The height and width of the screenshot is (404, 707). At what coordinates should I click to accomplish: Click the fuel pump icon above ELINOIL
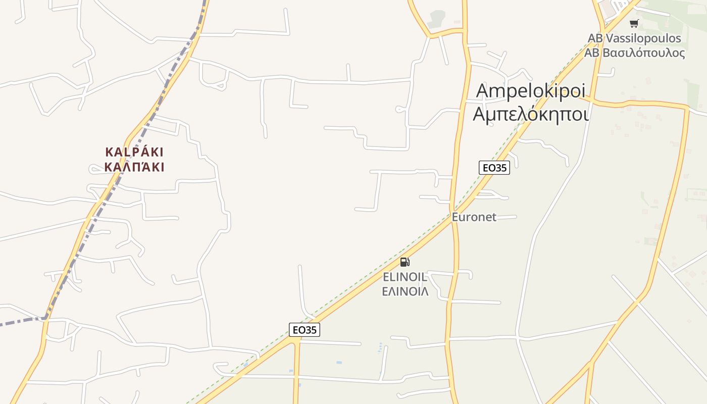(x=405, y=262)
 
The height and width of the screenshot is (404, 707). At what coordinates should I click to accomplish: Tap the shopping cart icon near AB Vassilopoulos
(x=634, y=23)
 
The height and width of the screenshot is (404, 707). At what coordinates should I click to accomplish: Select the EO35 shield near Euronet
(x=494, y=168)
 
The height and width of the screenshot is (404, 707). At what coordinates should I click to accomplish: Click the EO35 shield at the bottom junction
(x=305, y=330)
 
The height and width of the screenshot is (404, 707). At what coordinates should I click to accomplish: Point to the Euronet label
(x=474, y=217)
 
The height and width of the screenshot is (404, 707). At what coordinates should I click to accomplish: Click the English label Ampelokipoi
(x=531, y=91)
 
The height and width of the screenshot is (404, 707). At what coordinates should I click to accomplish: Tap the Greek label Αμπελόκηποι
(x=531, y=114)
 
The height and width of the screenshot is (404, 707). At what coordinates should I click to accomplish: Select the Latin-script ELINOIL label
(x=405, y=277)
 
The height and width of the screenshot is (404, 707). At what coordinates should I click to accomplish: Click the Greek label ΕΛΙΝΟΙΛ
(x=405, y=291)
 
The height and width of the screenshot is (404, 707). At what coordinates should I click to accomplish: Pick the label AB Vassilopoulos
(x=634, y=38)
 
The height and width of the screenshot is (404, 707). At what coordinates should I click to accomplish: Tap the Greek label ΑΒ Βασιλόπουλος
(x=634, y=53)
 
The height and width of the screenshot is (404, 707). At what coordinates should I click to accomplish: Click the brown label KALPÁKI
(x=134, y=152)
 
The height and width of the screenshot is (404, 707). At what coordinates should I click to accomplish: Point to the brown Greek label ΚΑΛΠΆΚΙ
(x=134, y=167)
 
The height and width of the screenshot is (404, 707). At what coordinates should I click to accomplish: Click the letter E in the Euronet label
(x=455, y=217)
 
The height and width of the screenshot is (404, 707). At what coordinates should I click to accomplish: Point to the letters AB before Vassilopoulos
(x=595, y=38)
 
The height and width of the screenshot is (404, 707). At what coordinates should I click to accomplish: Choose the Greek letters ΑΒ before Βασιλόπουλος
(x=592, y=53)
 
